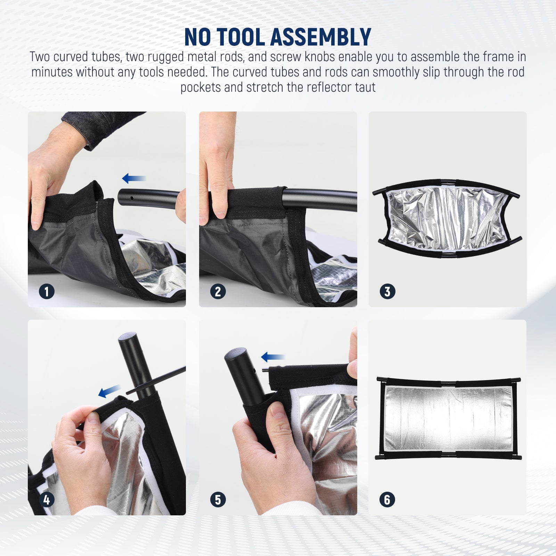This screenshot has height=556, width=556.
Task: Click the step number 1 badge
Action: click(x=47, y=291)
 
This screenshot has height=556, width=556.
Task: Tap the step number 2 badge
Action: click(x=218, y=291)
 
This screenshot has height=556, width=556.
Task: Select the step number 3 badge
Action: click(x=387, y=291)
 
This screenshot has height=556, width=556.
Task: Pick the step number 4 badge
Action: click(x=47, y=500)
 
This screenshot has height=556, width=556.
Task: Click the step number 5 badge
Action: click(x=218, y=500)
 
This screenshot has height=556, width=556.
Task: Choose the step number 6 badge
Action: click(x=387, y=500)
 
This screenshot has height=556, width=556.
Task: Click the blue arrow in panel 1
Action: click(x=134, y=179)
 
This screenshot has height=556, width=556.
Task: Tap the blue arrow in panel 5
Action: click(x=273, y=357)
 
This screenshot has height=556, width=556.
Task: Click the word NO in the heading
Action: click(x=197, y=37)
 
